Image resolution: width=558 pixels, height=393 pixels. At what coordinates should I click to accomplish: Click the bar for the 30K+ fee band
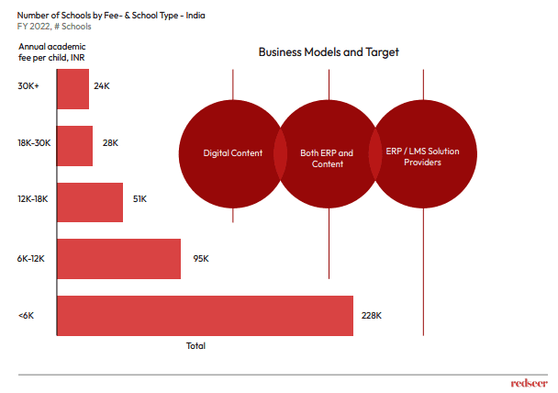pyautogui.click(x=73, y=88)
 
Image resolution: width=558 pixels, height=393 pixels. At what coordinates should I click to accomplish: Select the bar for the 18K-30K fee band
pyautogui.click(x=74, y=145)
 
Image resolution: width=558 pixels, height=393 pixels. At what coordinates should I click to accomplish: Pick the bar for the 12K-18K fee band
pyautogui.click(x=89, y=202)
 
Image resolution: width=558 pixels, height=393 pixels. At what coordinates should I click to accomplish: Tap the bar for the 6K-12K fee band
pyautogui.click(x=118, y=259)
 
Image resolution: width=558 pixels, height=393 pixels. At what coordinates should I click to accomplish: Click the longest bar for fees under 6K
pyautogui.click(x=205, y=316)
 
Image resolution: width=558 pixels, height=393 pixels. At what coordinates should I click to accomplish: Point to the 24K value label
pyautogui.click(x=102, y=86)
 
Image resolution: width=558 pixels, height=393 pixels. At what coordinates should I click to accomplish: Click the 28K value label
pyautogui.click(x=110, y=143)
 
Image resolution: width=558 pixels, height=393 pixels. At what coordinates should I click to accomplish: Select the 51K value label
pyautogui.click(x=139, y=198)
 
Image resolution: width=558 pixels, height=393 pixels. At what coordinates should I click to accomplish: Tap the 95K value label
pyautogui.click(x=201, y=259)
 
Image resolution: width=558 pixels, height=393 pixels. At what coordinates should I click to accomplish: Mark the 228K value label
pyautogui.click(x=371, y=315)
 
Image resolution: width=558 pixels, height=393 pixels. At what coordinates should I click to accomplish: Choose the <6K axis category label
pyautogui.click(x=26, y=315)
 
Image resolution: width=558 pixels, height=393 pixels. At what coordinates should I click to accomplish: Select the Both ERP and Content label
pyautogui.click(x=328, y=158)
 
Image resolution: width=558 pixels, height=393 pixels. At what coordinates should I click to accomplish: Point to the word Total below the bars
pyautogui.click(x=195, y=346)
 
